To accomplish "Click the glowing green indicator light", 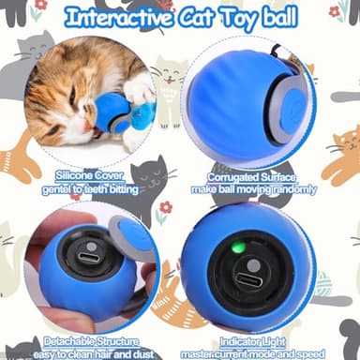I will [x=238, y=248].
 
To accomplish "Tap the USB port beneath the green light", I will [x=252, y=279].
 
